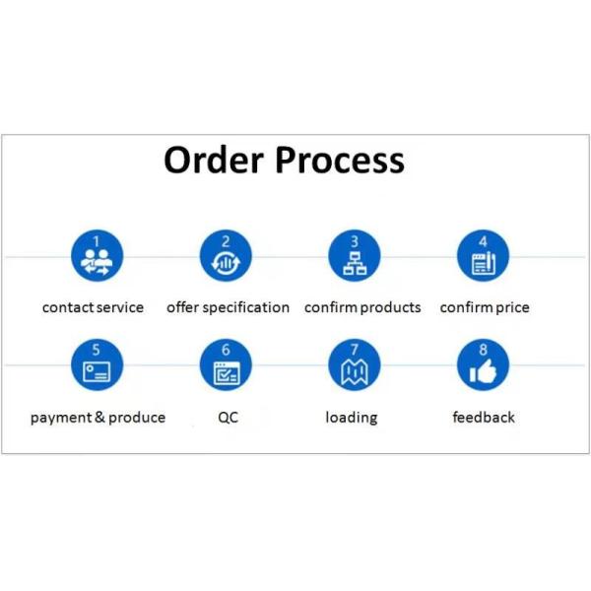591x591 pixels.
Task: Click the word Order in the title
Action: [x=213, y=160]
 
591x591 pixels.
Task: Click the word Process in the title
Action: [x=340, y=160]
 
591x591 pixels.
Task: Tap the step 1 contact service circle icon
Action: [x=97, y=255]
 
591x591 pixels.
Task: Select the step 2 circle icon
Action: [x=226, y=255]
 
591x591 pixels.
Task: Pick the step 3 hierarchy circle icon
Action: [x=355, y=255]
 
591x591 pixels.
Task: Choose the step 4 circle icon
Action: [x=484, y=255]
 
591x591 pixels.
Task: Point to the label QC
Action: [x=229, y=418]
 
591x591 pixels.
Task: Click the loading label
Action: [x=352, y=418]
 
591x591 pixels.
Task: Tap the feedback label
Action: [x=484, y=417]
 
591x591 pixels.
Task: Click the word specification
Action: [x=246, y=307]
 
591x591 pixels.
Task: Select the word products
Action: [x=390, y=307]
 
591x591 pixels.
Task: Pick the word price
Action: [x=512, y=307]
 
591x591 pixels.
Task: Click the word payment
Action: [x=61, y=418]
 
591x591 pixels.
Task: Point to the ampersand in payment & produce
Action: [x=99, y=417]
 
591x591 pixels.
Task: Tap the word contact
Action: [x=69, y=307]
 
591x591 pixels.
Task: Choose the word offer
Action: [x=182, y=307]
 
